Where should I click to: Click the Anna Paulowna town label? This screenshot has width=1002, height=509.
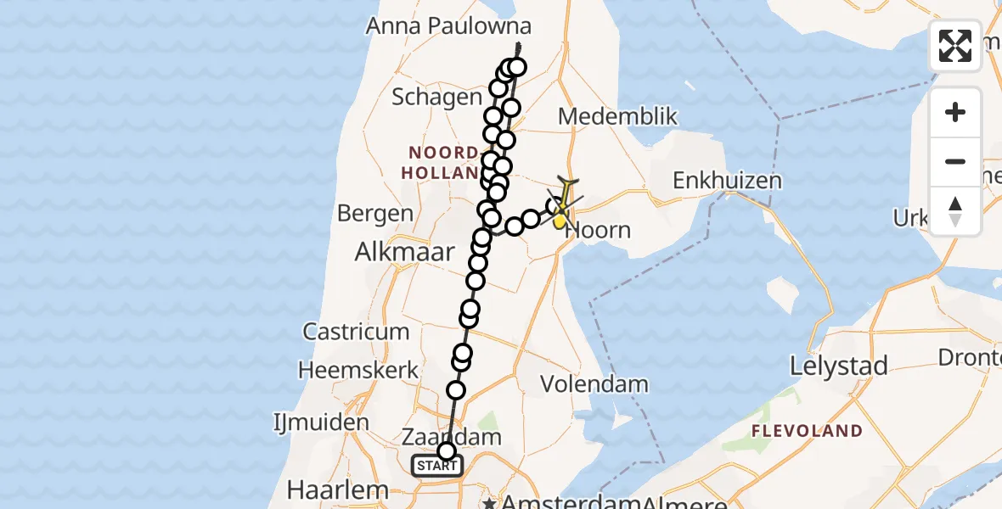point(448,26)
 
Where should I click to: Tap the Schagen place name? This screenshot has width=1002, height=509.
point(436,98)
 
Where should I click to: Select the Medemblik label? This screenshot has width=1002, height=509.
point(617,116)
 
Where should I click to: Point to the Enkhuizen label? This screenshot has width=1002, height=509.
point(727,181)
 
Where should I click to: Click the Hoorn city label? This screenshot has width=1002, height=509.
point(600,230)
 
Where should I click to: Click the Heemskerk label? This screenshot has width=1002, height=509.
point(358,370)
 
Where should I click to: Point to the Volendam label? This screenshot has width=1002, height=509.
point(594,384)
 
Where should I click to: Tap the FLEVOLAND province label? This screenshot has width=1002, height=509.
point(808,431)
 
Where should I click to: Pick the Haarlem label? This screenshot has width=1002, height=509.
point(337,489)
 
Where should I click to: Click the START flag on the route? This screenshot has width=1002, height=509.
point(437,466)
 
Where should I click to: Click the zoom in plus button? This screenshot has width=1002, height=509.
point(955,112)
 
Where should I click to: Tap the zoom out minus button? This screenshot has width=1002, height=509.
point(955,161)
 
